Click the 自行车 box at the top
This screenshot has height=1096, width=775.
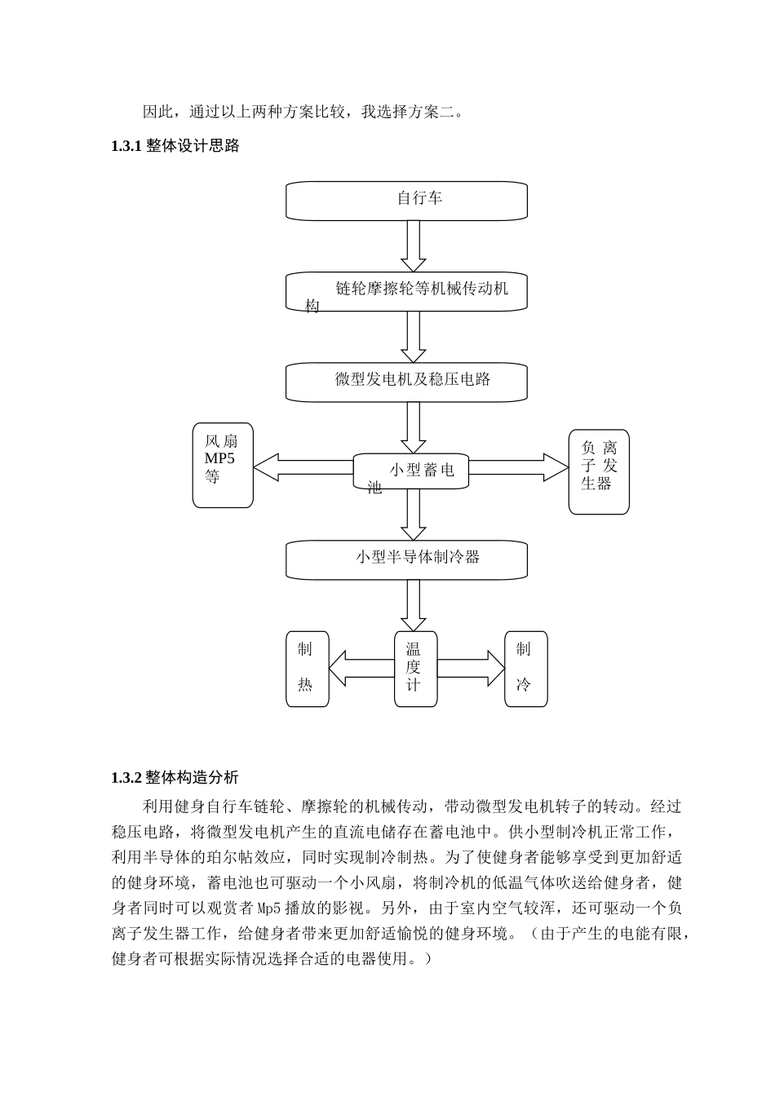[x=406, y=201]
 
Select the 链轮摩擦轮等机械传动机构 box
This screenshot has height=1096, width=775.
[x=406, y=292]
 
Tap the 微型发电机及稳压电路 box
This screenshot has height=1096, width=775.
[x=406, y=382]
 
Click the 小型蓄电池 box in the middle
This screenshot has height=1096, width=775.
[x=411, y=471]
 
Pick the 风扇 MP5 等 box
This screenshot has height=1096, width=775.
[x=223, y=465]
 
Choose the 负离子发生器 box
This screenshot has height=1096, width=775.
[x=599, y=471]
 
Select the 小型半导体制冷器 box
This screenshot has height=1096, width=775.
[x=406, y=560]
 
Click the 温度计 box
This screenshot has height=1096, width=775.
[x=414, y=668]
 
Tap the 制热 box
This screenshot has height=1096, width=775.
[x=307, y=668]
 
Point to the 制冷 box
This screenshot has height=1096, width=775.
[x=525, y=668]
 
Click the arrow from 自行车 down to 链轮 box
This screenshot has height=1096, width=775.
[x=414, y=245]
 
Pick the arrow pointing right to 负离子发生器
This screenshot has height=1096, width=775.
[x=519, y=467]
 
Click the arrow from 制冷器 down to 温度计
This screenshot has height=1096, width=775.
[x=414, y=604]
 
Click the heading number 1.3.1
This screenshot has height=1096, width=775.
[x=126, y=147]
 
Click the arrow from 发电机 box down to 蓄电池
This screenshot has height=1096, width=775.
[x=414, y=426]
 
